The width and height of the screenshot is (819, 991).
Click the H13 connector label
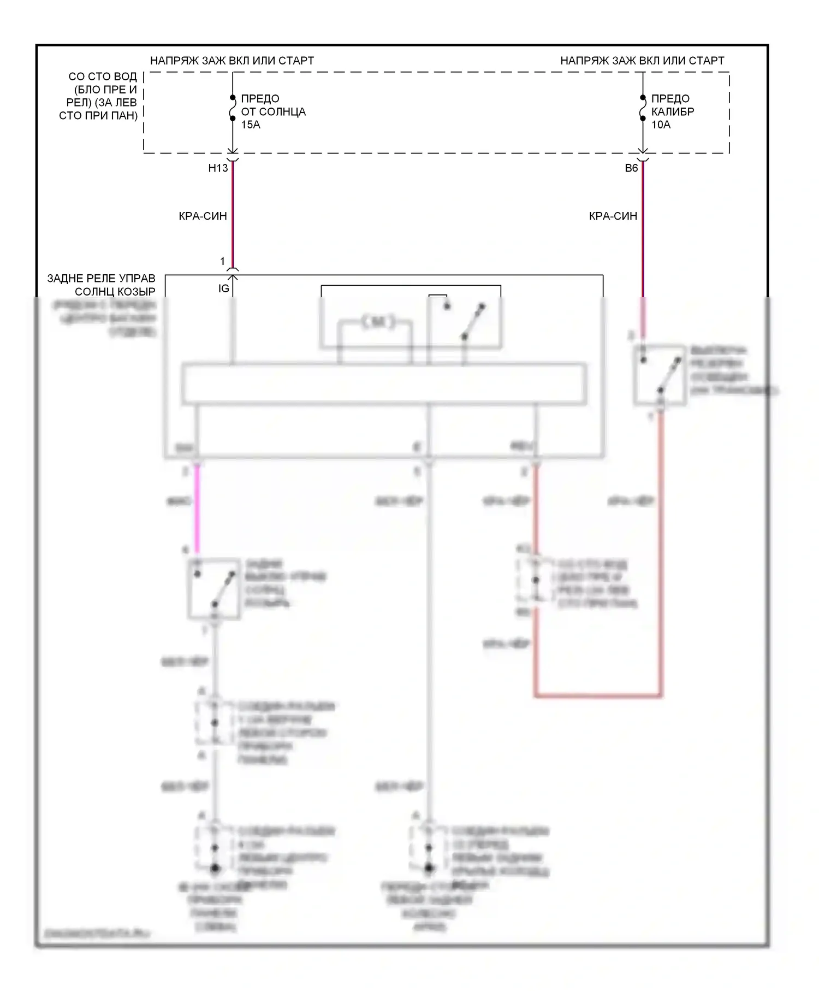coord(218,168)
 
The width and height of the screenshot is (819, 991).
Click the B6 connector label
coord(631,168)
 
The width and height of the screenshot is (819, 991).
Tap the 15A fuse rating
coord(251,125)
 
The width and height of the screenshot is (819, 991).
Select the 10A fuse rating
coord(661,125)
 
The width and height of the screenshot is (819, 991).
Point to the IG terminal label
coord(223,288)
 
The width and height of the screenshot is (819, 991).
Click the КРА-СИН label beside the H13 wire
coord(203,216)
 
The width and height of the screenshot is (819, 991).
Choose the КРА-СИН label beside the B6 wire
coord(613,216)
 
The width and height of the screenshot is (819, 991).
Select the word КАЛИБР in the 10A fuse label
coord(673,112)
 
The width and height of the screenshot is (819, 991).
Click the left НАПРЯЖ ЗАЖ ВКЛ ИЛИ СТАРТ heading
coord(232,61)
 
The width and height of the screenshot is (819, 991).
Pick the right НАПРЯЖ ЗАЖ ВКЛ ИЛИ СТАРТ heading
coord(642,61)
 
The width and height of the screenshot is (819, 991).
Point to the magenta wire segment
coord(197,508)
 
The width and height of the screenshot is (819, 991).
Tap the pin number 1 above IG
coord(222,261)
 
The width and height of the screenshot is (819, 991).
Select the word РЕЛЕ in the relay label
coord(101,279)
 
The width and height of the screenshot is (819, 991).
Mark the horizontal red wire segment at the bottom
coord(598,695)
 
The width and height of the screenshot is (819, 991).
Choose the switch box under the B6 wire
coord(660,375)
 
